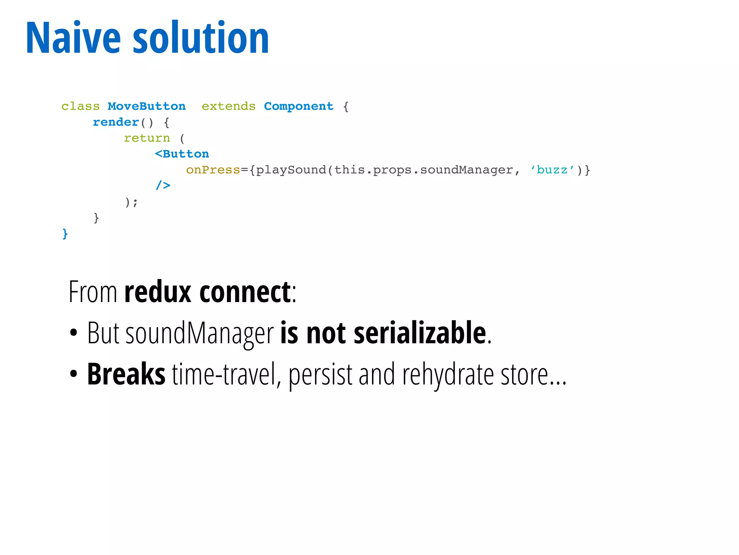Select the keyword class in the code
(x=80, y=106)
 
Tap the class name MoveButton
(x=147, y=106)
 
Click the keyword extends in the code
(x=228, y=106)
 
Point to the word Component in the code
(x=298, y=106)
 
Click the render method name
(x=115, y=122)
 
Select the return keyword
(x=147, y=138)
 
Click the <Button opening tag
(x=182, y=154)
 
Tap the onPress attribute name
(x=213, y=170)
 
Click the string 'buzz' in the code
(x=552, y=170)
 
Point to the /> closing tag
(x=163, y=185)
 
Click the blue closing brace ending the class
(x=65, y=234)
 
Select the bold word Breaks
(x=126, y=374)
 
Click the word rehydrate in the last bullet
(x=447, y=375)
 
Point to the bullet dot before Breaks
(x=74, y=374)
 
